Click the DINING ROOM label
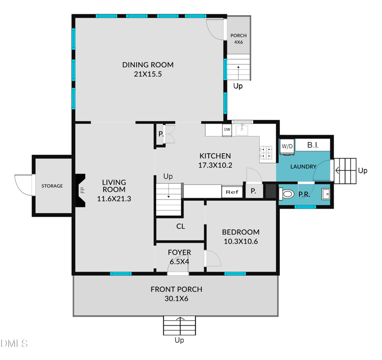tap(148, 69)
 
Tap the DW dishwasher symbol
tap(227, 129)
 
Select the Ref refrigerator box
tap(232, 192)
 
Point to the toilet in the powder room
tap(287, 194)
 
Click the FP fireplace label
tap(82, 190)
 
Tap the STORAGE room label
tap(52, 186)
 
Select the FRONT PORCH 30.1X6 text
tap(176, 294)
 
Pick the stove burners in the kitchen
tap(266, 152)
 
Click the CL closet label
tap(180, 227)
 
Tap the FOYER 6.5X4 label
tap(180, 257)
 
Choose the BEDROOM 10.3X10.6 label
tap(241, 237)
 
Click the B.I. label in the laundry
tap(312, 145)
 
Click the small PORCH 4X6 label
tap(238, 39)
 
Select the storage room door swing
tap(23, 184)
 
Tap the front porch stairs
tap(179, 326)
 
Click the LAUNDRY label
tap(304, 167)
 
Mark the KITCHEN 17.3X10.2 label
tap(215, 160)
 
